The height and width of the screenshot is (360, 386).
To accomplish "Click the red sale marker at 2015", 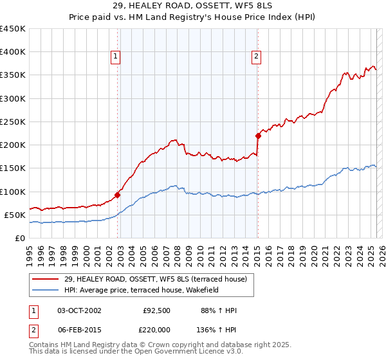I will click(x=258, y=136).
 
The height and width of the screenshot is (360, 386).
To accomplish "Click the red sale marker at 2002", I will click(x=118, y=195).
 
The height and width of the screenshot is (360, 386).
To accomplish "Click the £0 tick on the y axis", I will click(x=21, y=238).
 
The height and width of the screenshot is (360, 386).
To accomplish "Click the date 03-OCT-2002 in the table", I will click(x=79, y=310).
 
